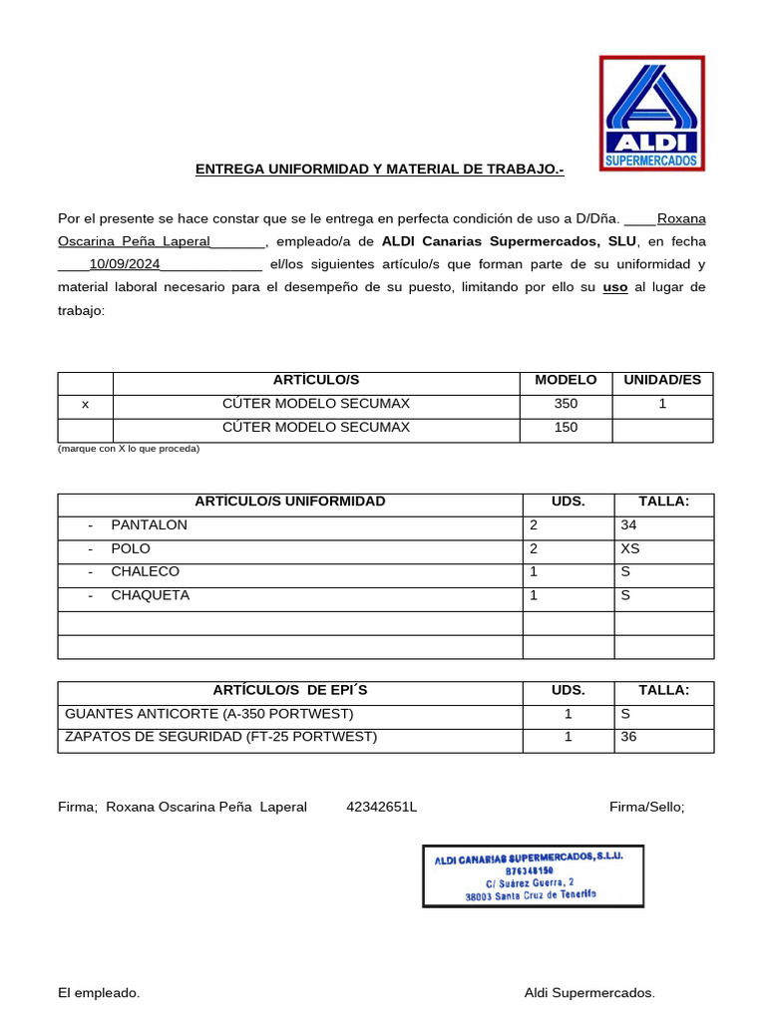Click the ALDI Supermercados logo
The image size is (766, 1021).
[x=651, y=113]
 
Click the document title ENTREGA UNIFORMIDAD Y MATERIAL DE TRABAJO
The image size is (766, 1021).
[x=379, y=170]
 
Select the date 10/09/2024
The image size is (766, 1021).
[x=125, y=264]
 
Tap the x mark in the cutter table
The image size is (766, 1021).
[x=85, y=405]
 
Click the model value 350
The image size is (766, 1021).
[x=566, y=405]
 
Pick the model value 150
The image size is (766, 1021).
[x=566, y=428]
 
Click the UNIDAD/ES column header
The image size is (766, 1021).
[x=662, y=380]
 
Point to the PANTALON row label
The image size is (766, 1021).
[x=149, y=525]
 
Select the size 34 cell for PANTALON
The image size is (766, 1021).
[x=629, y=525]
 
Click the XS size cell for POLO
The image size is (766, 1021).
[x=630, y=549]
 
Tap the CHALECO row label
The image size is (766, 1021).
[x=146, y=572]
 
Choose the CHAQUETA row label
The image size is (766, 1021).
[x=150, y=596]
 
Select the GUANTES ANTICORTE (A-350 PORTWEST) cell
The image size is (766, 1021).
[x=208, y=715]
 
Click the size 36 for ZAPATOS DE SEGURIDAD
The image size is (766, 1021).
[x=629, y=738]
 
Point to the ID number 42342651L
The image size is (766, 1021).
[x=381, y=807]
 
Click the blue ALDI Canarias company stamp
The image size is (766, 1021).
[x=533, y=875]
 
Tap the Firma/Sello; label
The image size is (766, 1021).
[x=646, y=807]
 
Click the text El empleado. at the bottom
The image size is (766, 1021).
[x=99, y=993]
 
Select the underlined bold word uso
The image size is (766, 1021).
[x=615, y=288]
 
